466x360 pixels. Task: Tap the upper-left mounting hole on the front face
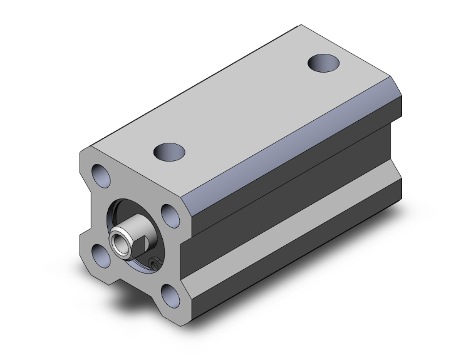tap(100, 175)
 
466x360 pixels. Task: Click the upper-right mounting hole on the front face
tap(169, 215)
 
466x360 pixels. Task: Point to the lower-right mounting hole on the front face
tap(168, 294)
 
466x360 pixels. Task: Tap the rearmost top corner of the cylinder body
tap(301, 26)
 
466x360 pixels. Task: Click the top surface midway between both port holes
tap(247, 106)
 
